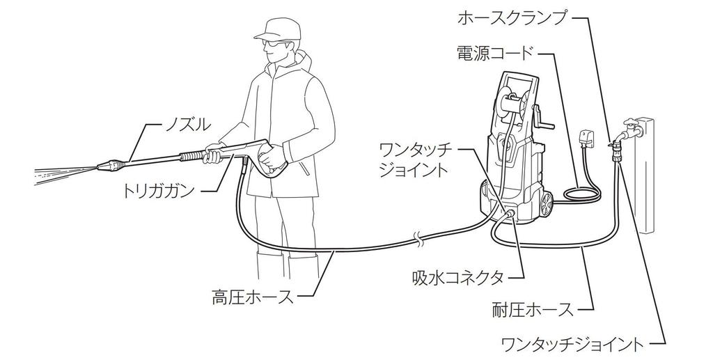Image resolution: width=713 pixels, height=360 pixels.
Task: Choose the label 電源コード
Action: (x=496, y=52)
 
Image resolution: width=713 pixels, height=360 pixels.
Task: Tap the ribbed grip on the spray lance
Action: (x=191, y=157)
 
